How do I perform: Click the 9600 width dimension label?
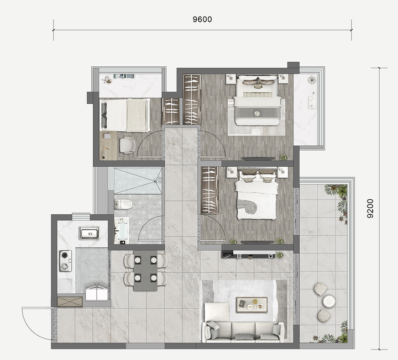[202, 19]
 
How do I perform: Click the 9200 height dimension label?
[370, 208]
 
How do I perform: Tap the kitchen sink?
[89, 233]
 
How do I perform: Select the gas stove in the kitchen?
[65, 261]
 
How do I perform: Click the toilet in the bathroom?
[123, 204]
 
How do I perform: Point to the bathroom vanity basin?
[121, 230]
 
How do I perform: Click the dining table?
[145, 271]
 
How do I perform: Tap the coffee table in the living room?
[252, 305]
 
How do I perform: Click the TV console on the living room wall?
[249, 255]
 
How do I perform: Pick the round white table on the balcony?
[329, 301]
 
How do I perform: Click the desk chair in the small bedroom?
[127, 145]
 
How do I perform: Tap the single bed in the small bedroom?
[125, 115]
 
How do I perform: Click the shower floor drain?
[155, 181]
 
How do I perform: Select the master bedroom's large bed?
[258, 100]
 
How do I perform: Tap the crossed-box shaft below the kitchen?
[70, 301]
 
